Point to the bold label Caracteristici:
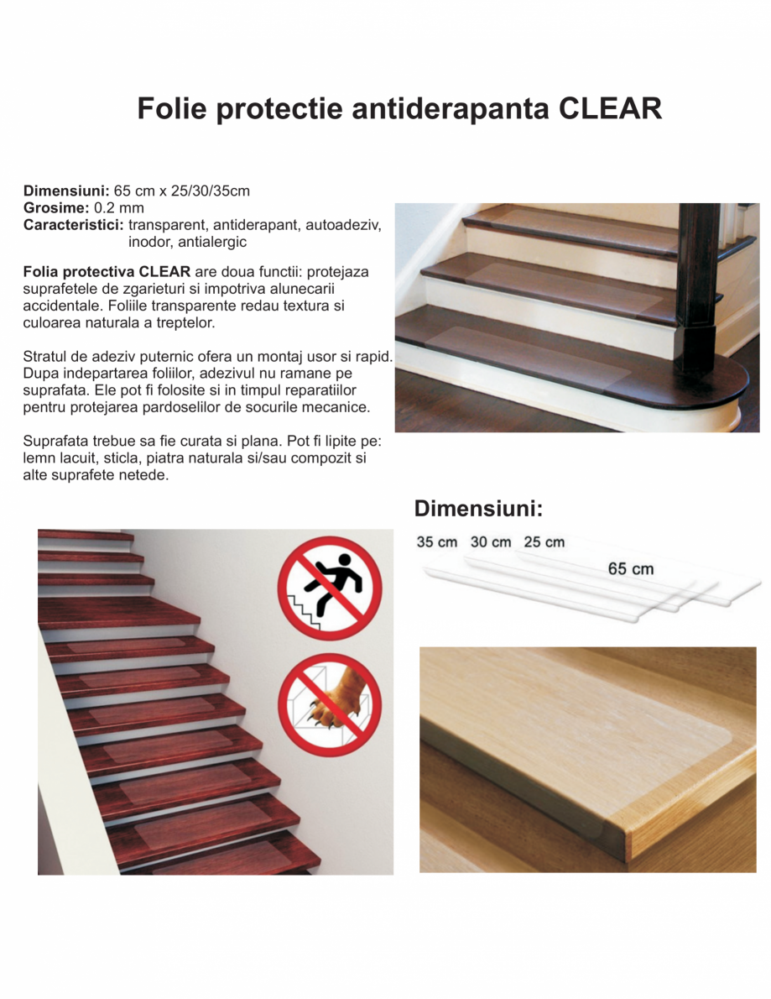[x=73, y=224]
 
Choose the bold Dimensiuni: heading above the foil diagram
[x=478, y=508]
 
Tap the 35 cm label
[x=437, y=542]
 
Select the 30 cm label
[x=491, y=542]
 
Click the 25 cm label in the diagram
[x=544, y=542]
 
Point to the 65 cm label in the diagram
[x=631, y=569]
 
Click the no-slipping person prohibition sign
[x=330, y=588]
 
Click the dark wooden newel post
[x=698, y=285]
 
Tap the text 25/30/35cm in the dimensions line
[x=210, y=191]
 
